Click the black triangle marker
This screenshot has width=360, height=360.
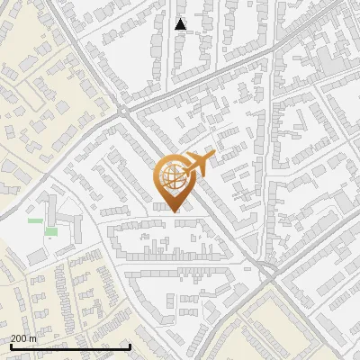pyautogui.click(x=181, y=24)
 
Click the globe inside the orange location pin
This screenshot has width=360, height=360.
pyautogui.click(x=171, y=176)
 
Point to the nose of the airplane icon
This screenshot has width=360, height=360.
pyautogui.click(x=213, y=157)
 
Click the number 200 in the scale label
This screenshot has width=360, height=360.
pyautogui.click(x=21, y=338)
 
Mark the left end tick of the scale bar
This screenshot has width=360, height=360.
pyautogui.click(x=11, y=345)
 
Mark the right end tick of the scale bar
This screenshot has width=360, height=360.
pyautogui.click(x=130, y=345)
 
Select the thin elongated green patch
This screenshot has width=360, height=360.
pyautogui.click(x=35, y=220)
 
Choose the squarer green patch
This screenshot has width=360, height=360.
pyautogui.click(x=51, y=231)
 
